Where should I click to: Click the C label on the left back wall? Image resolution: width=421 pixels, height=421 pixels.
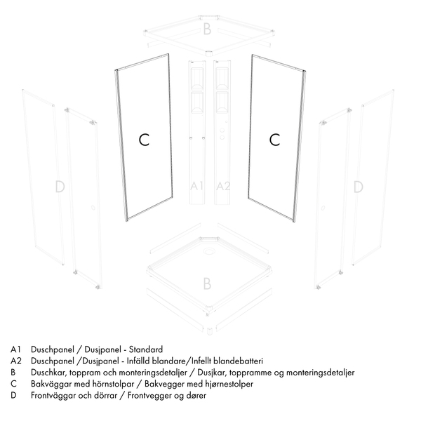click(x=144, y=140)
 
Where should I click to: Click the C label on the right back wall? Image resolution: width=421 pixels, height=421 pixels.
click(x=274, y=140)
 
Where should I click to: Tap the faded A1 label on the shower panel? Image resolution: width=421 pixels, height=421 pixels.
click(x=196, y=186)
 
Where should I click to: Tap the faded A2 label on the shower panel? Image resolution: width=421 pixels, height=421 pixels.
click(x=223, y=186)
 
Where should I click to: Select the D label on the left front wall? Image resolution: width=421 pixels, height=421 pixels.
click(x=60, y=187)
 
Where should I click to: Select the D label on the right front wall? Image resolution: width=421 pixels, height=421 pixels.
click(x=358, y=187)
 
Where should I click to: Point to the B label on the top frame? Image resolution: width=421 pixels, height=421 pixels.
click(x=207, y=29)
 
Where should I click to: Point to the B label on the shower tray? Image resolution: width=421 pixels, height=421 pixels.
click(x=207, y=283)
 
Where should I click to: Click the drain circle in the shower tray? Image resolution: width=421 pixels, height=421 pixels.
click(x=208, y=251)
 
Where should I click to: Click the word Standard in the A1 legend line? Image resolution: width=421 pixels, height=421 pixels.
click(x=146, y=349)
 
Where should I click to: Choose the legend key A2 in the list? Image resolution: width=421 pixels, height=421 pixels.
click(x=16, y=361)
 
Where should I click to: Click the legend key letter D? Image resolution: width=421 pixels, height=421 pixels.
click(x=13, y=396)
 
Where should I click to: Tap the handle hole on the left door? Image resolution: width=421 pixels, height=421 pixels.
click(x=93, y=208)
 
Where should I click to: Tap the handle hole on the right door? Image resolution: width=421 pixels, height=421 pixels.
click(x=323, y=208)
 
